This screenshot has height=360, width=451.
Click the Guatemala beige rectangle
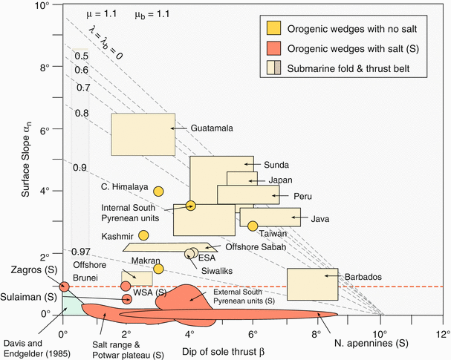pos(143,134)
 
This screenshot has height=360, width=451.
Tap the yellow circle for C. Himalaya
pos(158,191)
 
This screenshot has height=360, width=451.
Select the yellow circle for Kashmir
pos(143,235)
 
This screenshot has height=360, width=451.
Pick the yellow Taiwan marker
pos(253,226)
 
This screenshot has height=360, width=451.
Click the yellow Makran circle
pos(158,269)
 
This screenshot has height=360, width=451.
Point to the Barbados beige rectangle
pos(312,284)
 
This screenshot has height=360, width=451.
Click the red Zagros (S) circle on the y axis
pos(64,287)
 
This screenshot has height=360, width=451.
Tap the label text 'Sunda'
pos(276,165)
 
